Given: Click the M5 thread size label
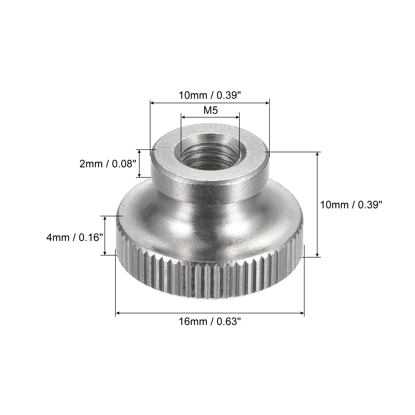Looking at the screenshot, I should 210,110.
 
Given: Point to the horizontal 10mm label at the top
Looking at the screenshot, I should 210,96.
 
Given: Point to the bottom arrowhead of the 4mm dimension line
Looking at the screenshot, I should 105,253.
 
